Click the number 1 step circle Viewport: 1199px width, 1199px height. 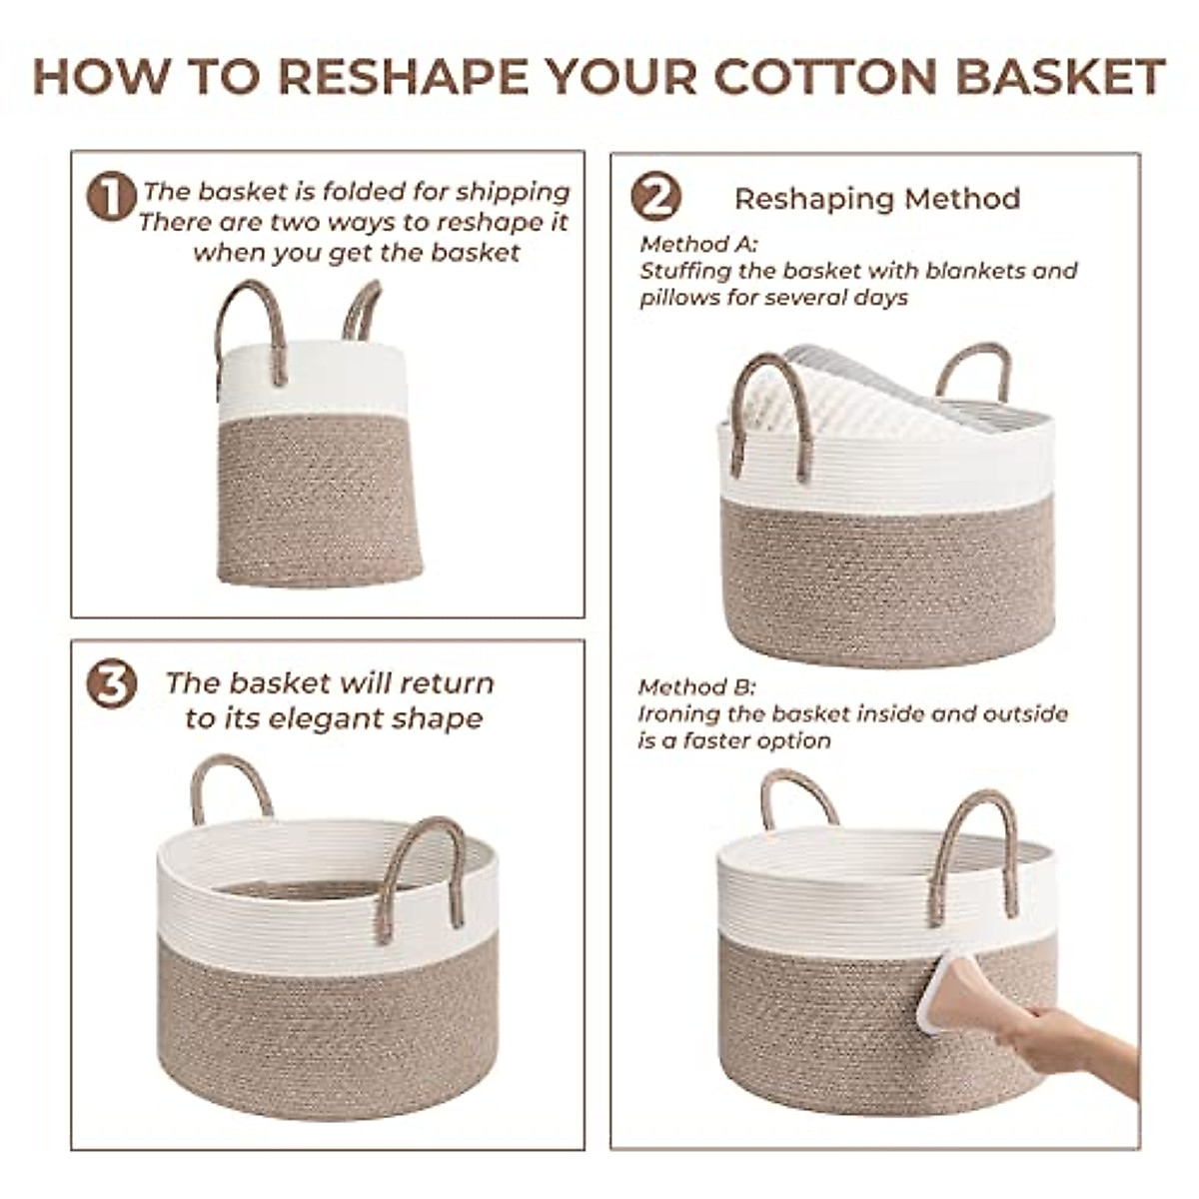pyautogui.click(x=111, y=196)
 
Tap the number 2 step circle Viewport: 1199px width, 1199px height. pyautogui.click(x=655, y=197)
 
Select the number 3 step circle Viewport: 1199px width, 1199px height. pyautogui.click(x=111, y=684)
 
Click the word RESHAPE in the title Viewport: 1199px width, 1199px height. pyautogui.click(x=402, y=77)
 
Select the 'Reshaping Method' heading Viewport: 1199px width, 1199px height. pyautogui.click(x=877, y=199)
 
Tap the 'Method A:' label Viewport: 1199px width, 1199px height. pyautogui.click(x=699, y=245)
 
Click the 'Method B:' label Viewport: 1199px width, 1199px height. pyautogui.click(x=697, y=687)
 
